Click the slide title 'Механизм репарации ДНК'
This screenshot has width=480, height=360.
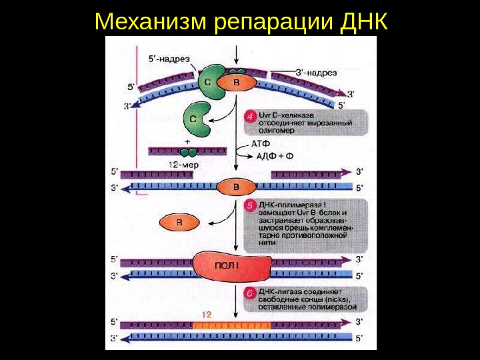click(x=241, y=21)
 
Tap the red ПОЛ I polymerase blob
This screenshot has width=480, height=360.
click(x=232, y=267)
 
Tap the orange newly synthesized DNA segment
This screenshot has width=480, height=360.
click(x=232, y=325)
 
